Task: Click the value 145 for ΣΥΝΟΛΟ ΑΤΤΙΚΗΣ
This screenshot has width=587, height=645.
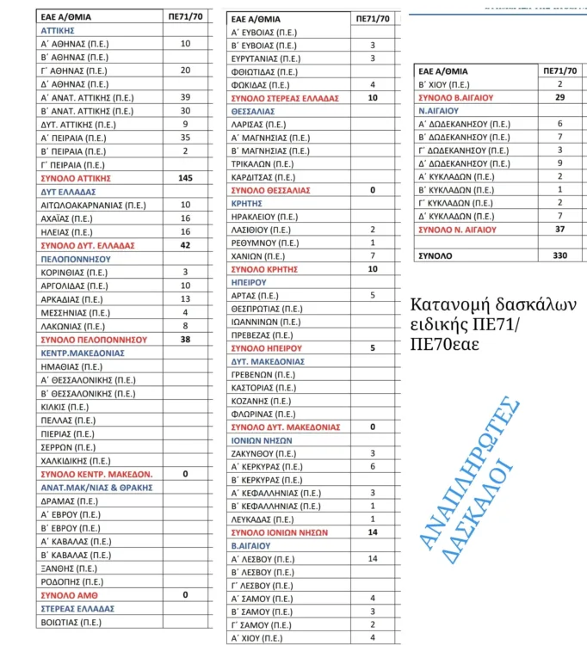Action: coord(185,178)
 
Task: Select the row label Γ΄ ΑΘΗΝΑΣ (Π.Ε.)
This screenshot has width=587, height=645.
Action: coord(74,71)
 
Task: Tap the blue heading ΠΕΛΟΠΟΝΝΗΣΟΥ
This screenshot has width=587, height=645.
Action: coord(77,258)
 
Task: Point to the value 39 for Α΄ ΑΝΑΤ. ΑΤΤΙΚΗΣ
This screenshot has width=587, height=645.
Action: coord(185,97)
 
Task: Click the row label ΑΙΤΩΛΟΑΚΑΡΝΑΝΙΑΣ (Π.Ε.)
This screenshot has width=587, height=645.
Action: coord(93,205)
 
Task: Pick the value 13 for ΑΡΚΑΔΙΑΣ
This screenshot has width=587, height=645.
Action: coord(185,298)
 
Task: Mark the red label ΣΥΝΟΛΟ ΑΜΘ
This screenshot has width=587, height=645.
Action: coord(65,594)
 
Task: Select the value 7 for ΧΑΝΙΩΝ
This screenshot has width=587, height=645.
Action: coord(373,256)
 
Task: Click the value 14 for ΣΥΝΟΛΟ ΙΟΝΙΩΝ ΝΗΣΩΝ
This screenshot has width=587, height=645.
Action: coord(373,532)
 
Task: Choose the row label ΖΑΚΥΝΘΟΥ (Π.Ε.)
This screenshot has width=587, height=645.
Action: coord(264,453)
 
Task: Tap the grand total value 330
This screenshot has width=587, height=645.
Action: coord(559,255)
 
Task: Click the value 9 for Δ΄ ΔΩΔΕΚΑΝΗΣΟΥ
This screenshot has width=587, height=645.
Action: coord(559,163)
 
